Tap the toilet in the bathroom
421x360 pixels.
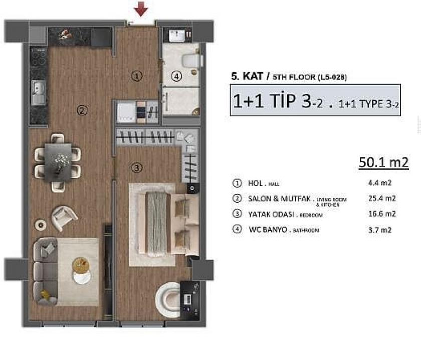[191, 60]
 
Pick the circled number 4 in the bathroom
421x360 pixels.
[175, 77]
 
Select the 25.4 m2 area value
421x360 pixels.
[382, 199]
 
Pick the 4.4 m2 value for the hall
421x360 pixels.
[380, 183]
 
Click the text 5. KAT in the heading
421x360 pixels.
[246, 77]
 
